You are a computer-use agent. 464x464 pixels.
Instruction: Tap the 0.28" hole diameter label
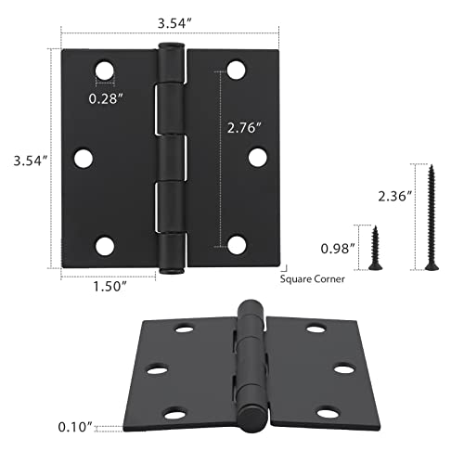(x=110, y=96)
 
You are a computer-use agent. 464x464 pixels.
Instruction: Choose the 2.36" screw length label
(x=393, y=196)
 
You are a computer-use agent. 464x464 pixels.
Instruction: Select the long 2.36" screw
(x=430, y=215)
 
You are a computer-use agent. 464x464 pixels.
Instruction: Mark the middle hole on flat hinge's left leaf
(x=82, y=159)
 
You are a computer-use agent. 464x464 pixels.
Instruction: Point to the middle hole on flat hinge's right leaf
(x=260, y=158)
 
